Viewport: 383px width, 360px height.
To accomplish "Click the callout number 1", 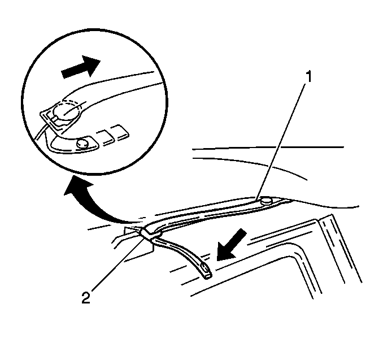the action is [309, 77].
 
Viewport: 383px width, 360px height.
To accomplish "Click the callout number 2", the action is [85, 298].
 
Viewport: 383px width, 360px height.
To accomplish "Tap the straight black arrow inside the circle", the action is [81, 67].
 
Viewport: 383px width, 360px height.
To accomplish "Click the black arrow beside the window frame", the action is [231, 245].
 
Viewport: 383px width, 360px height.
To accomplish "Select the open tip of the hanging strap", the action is [208, 276].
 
